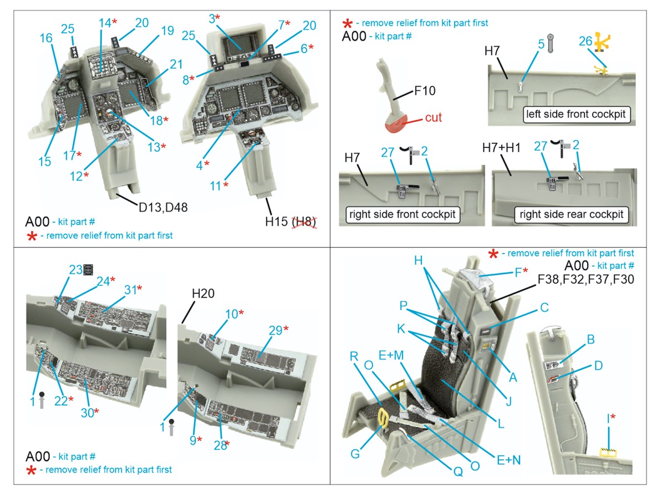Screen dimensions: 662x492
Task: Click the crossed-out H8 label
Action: click(x=304, y=222)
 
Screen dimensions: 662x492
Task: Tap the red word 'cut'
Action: click(x=433, y=117)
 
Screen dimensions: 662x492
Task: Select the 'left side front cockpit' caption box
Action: click(x=576, y=114)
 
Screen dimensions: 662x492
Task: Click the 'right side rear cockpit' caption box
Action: click(x=571, y=214)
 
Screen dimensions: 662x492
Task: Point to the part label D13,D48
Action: click(x=163, y=208)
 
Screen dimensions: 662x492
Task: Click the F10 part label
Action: click(x=425, y=90)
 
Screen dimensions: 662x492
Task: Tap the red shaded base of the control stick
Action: click(x=396, y=125)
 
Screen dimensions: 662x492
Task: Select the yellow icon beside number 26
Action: click(x=603, y=42)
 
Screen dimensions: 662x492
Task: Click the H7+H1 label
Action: click(x=501, y=148)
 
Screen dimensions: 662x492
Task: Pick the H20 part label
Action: click(x=203, y=293)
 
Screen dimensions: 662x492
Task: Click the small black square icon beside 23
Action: click(x=88, y=269)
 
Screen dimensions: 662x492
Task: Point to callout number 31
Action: click(x=130, y=290)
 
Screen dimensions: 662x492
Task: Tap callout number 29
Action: click(x=275, y=330)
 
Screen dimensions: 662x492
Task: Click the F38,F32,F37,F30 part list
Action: click(x=585, y=279)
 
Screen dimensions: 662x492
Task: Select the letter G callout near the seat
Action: click(x=355, y=454)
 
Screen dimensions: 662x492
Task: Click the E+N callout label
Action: click(x=509, y=460)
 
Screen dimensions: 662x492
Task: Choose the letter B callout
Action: click(x=590, y=339)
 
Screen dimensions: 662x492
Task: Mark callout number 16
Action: click(x=46, y=38)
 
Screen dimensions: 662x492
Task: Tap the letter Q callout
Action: click(x=459, y=471)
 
